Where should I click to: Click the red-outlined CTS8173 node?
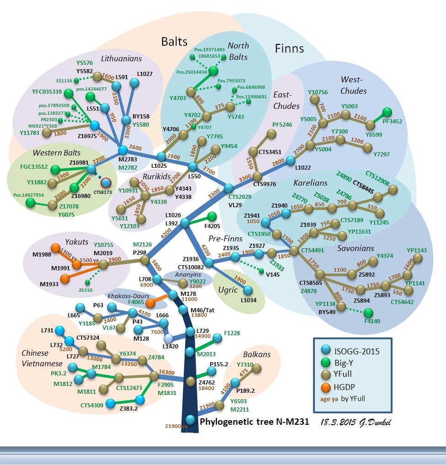[x=106, y=183]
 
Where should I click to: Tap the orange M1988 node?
[x=56, y=248]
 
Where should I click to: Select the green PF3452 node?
[x=387, y=112]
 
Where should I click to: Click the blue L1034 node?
[x=248, y=290]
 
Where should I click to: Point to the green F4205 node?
[x=212, y=216]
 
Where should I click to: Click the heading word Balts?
[x=174, y=42]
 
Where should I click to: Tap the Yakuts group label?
[x=76, y=241]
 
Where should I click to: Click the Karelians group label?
[x=311, y=183]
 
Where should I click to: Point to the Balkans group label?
[x=256, y=354]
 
